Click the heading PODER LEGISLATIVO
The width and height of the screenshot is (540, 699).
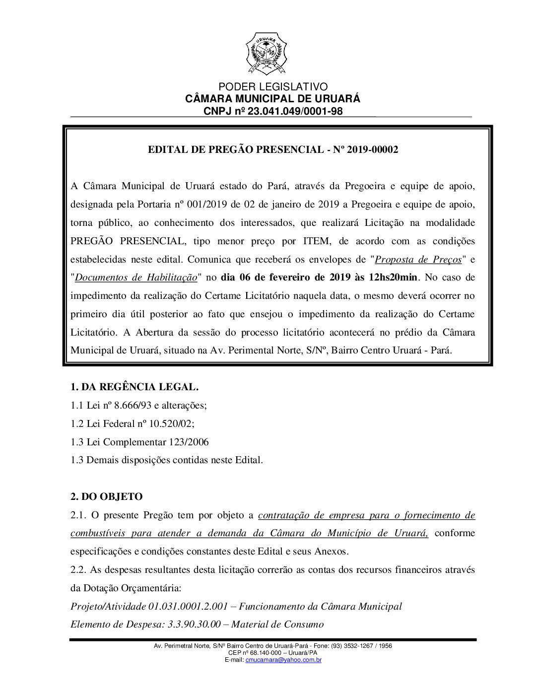point(272,87)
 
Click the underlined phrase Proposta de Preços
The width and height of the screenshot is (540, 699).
point(418,259)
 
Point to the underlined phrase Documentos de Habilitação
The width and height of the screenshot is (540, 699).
point(136,278)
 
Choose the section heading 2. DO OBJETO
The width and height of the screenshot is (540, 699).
point(106,496)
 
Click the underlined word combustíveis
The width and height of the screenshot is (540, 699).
point(98,533)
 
